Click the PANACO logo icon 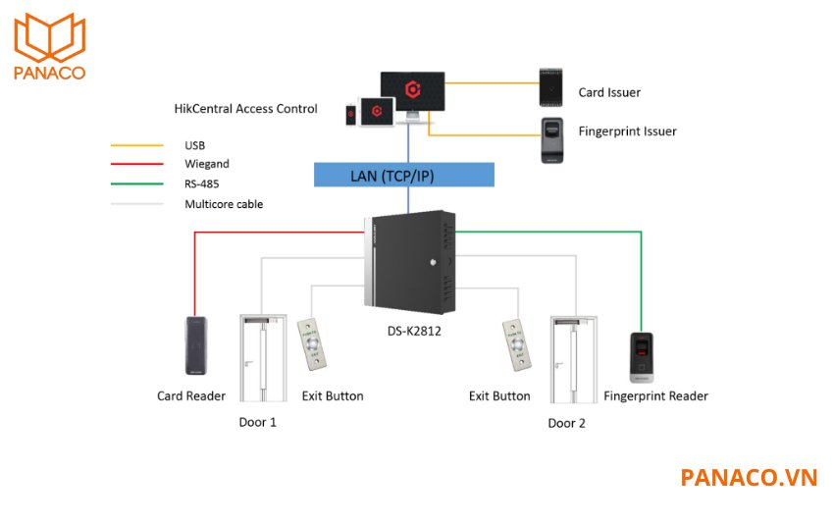pyautogui.click(x=49, y=36)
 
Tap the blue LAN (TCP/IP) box pyautogui.click(x=404, y=176)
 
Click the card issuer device pyautogui.click(x=552, y=87)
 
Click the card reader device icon pyautogui.click(x=196, y=345)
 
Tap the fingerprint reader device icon pyautogui.click(x=641, y=356)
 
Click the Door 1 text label pyautogui.click(x=258, y=423)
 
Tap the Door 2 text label pyautogui.click(x=567, y=423)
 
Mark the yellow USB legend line pyautogui.click(x=136, y=146)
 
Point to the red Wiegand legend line pyautogui.click(x=136, y=165)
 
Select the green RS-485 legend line pyautogui.click(x=136, y=184)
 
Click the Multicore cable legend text pyautogui.click(x=224, y=204)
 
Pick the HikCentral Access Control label pyautogui.click(x=245, y=109)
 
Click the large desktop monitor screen pyautogui.click(x=413, y=89)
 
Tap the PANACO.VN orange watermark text pyautogui.click(x=749, y=478)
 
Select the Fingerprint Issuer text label pyautogui.click(x=628, y=131)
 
